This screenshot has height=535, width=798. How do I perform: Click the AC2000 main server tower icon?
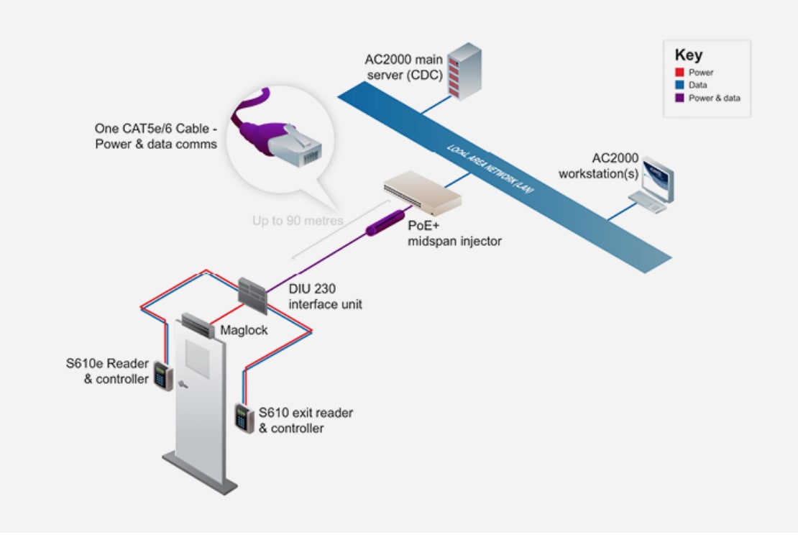[x=464, y=70]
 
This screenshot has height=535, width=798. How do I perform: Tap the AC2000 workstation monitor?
[x=658, y=180]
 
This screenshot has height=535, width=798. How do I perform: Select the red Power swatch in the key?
[x=679, y=73]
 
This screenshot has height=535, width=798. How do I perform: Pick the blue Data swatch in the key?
[x=679, y=85]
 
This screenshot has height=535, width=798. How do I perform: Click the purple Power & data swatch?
[x=679, y=98]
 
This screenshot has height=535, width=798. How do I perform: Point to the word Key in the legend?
[x=689, y=55]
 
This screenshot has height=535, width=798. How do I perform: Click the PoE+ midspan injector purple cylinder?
[x=385, y=223]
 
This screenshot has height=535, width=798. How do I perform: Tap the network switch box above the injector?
[x=423, y=193]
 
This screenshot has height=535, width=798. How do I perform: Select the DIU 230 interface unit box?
[x=252, y=296]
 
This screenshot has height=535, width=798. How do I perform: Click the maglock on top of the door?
[x=198, y=325]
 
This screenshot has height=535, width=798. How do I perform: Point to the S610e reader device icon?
[x=163, y=376]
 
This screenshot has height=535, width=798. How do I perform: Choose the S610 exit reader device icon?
[x=244, y=419]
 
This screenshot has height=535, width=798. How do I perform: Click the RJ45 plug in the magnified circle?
[x=295, y=146]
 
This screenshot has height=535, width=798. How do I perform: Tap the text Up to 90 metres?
[x=298, y=221]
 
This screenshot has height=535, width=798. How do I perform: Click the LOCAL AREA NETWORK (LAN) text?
[x=490, y=169]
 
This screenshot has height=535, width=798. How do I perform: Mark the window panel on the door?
[x=198, y=358]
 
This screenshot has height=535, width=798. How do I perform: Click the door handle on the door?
[x=183, y=385]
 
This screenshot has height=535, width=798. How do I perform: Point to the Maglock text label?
[x=244, y=330]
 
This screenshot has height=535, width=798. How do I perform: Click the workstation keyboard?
[x=647, y=201]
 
